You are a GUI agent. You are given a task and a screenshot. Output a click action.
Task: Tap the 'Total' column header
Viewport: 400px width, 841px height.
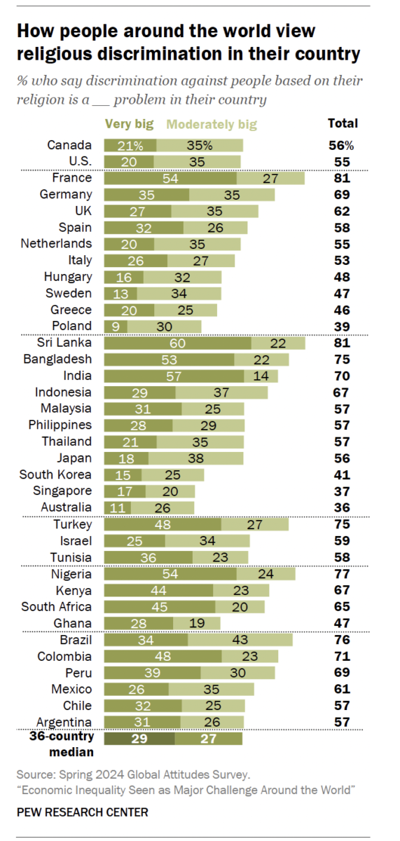(343, 123)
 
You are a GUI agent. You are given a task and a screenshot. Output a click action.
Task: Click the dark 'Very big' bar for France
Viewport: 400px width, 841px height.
(170, 178)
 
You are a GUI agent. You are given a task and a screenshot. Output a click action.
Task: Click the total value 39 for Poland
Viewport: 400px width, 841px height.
(342, 326)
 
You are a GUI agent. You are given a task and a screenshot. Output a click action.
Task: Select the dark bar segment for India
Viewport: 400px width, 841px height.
(174, 376)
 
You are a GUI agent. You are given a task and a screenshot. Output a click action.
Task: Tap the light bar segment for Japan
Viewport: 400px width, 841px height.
(195, 458)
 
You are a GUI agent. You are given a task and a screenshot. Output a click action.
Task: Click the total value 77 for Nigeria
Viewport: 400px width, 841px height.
(342, 573)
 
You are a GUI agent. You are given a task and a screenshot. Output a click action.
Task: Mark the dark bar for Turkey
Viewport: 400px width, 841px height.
(163, 524)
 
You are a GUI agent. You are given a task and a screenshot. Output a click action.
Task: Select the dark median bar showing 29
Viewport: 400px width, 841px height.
(139, 738)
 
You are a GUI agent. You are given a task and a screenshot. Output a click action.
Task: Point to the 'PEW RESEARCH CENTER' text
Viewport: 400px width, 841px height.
(83, 813)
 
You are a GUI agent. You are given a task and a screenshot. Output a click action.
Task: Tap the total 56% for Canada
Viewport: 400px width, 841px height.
(343, 145)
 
